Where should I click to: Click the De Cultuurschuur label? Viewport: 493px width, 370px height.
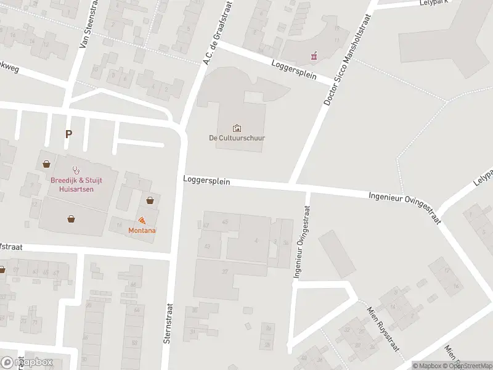(x=237, y=138)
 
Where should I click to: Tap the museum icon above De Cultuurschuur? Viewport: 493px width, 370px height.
(x=237, y=128)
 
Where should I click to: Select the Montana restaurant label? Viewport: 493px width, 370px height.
(x=142, y=230)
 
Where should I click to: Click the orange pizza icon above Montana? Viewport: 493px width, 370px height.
(x=142, y=220)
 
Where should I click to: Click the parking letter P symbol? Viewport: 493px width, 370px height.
(x=68, y=133)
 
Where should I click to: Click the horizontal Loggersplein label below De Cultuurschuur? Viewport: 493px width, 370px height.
(x=206, y=181)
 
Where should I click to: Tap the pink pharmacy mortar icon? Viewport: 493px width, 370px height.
(x=314, y=57)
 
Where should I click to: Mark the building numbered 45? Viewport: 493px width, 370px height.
(x=224, y=221)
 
